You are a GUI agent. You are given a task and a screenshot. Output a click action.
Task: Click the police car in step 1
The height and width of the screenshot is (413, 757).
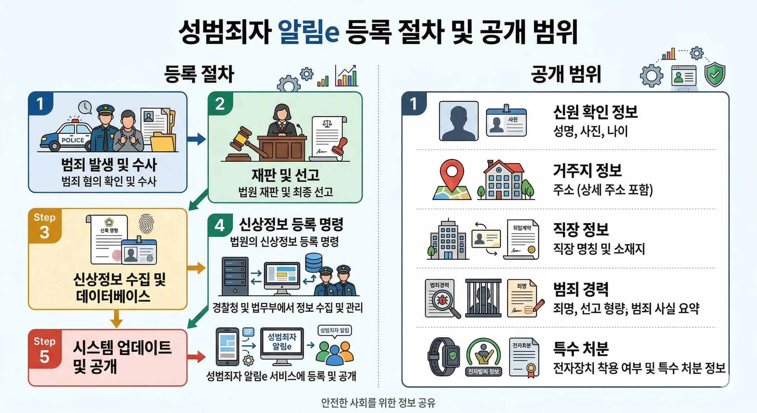click(x=66, y=136)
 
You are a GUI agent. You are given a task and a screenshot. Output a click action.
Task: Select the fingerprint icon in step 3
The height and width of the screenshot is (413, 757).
click(x=146, y=224)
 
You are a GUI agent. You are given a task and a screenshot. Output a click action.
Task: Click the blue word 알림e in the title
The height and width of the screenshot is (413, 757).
click(x=308, y=32)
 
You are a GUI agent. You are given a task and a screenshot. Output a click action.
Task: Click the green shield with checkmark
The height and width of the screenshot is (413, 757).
click(x=715, y=75)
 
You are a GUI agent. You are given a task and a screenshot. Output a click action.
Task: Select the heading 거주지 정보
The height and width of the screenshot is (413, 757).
click(x=587, y=170)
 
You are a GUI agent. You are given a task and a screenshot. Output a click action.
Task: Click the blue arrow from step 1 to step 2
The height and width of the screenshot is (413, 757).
click(x=196, y=138)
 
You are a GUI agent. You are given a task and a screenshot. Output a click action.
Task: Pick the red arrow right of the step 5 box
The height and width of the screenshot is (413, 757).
click(x=196, y=357)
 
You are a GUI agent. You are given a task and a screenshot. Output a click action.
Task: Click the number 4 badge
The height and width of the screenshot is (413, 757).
click(x=220, y=225)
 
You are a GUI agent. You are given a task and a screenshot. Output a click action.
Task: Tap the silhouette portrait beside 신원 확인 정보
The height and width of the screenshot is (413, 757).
click(x=459, y=121)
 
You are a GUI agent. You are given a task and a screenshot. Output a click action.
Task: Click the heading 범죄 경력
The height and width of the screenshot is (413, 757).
click(x=581, y=289)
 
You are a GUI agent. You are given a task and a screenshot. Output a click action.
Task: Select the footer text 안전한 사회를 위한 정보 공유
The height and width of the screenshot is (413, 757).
click(x=378, y=403)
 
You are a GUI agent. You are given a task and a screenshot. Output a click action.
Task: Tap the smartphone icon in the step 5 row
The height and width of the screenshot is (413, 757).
click(x=227, y=346)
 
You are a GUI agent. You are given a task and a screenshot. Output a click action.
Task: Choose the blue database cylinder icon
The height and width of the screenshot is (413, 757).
click(x=313, y=262)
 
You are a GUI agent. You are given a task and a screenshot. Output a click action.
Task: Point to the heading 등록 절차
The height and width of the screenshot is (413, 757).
click(x=199, y=74)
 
